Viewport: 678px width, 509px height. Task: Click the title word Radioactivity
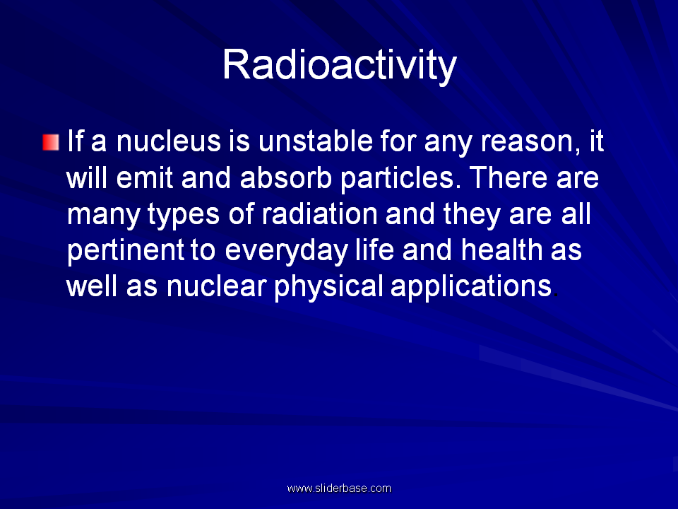point(340,66)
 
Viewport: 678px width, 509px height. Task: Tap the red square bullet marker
point(51,142)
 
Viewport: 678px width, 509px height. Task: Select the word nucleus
point(169,141)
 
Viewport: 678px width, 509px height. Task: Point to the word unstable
point(315,141)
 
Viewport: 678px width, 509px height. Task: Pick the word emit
point(144,178)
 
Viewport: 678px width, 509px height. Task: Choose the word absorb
point(286,178)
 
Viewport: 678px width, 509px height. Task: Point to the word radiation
point(319,213)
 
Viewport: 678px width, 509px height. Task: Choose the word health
point(501,250)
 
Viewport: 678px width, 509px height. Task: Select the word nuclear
point(217,286)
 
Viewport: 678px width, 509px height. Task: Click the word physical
point(328,288)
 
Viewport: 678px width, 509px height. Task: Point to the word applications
point(471,288)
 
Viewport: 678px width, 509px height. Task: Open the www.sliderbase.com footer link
point(339,488)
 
